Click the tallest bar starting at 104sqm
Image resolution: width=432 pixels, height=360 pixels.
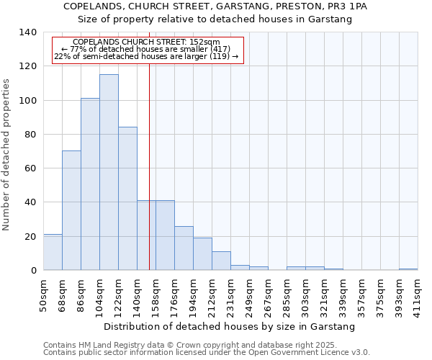coord(109,173)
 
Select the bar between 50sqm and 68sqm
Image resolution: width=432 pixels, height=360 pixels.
coord(53,253)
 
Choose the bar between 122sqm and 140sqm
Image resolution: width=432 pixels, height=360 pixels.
coord(127,199)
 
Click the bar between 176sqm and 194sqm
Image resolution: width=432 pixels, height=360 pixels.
coord(184,248)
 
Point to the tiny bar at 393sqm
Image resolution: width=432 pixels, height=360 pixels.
coord(408,269)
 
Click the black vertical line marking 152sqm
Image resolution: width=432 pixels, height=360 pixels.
coord(149,180)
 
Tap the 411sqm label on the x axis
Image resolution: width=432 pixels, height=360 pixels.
coord(418,294)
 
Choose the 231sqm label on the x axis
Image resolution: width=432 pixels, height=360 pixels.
coord(231,294)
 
